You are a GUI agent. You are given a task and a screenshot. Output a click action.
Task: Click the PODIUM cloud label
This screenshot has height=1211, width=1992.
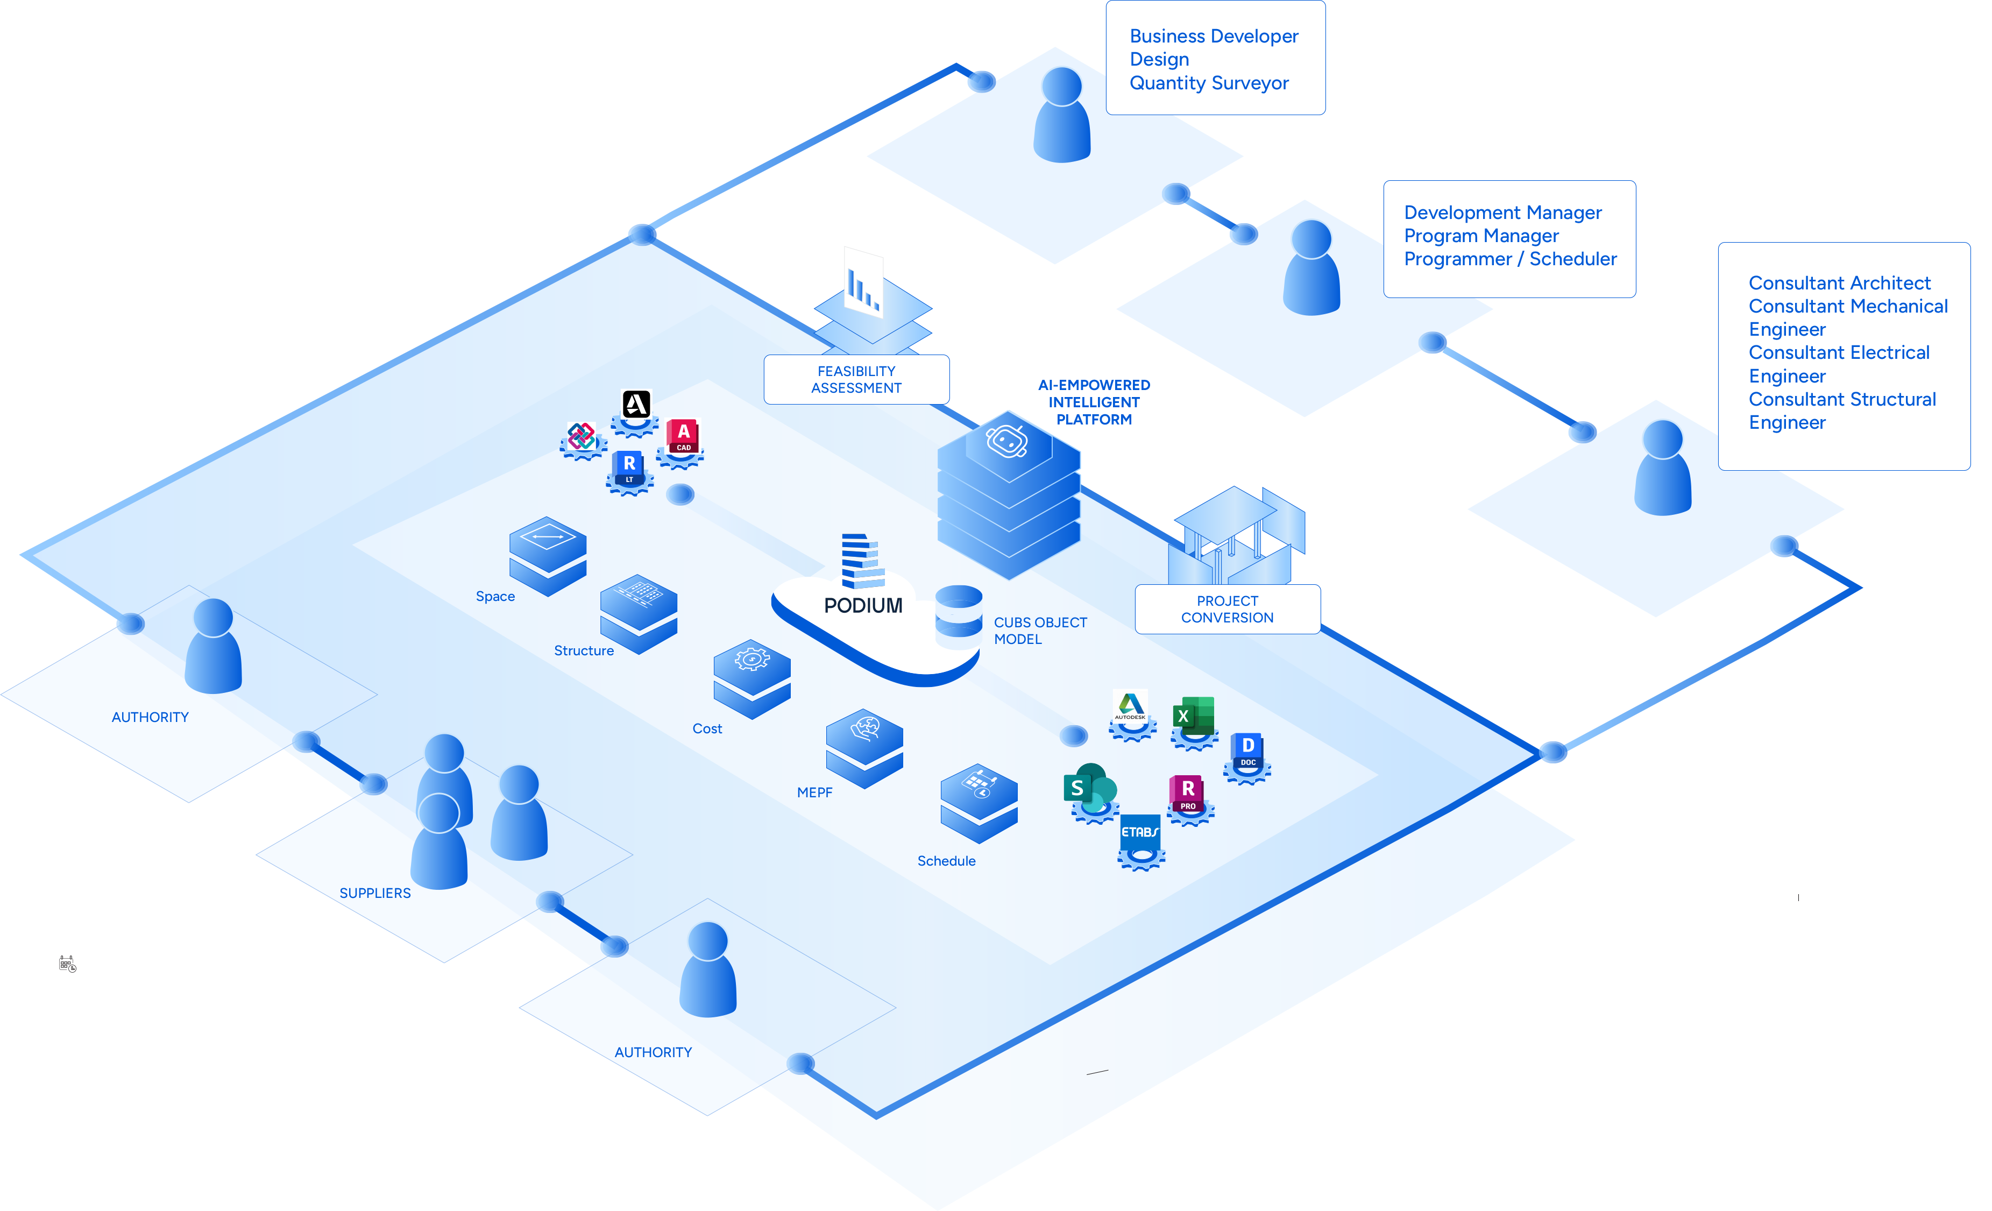tap(863, 606)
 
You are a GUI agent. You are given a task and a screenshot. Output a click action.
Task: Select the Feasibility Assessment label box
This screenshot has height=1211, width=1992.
tap(856, 379)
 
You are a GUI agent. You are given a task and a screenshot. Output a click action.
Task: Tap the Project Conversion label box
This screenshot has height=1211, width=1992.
tap(1227, 609)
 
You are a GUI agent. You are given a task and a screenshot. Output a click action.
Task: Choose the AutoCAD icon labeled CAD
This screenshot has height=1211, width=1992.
tap(683, 436)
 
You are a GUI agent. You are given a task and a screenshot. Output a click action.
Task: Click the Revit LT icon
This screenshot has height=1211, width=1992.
tap(629, 468)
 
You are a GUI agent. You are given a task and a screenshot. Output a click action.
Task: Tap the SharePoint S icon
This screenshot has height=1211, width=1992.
tap(1088, 788)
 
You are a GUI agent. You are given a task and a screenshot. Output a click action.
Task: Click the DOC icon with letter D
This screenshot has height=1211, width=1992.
tap(1247, 749)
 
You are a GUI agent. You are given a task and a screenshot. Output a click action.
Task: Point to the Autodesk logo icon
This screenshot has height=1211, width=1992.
tap(1130, 706)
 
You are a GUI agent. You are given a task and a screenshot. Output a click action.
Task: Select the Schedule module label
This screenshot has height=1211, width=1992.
tap(946, 861)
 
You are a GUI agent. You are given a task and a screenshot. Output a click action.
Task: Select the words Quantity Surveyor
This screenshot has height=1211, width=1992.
tap(1209, 83)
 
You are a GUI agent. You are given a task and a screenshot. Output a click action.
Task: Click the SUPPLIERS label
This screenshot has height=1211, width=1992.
tap(375, 893)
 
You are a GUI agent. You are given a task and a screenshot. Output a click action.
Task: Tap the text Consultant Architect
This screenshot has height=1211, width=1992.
tap(1839, 283)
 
